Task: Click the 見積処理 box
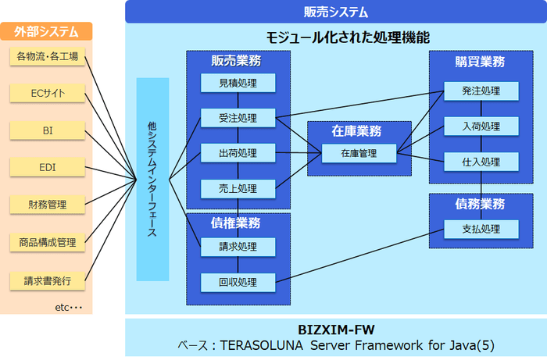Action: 238,83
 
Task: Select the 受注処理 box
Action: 238,119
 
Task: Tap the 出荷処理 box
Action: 238,153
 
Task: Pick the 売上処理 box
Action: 238,188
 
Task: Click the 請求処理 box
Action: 238,247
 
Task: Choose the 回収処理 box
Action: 238,282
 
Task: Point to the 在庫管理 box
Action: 359,154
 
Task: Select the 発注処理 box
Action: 481,91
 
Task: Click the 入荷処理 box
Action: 481,127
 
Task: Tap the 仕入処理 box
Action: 481,162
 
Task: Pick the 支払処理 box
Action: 481,229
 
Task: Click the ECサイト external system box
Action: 48,94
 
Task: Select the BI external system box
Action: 48,130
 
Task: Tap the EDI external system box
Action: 48,167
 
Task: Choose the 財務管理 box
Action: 48,205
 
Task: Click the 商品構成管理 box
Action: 48,242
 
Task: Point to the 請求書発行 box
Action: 48,280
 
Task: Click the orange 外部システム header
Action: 47,32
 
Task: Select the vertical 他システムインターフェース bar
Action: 152,179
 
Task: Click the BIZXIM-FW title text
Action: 335,329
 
